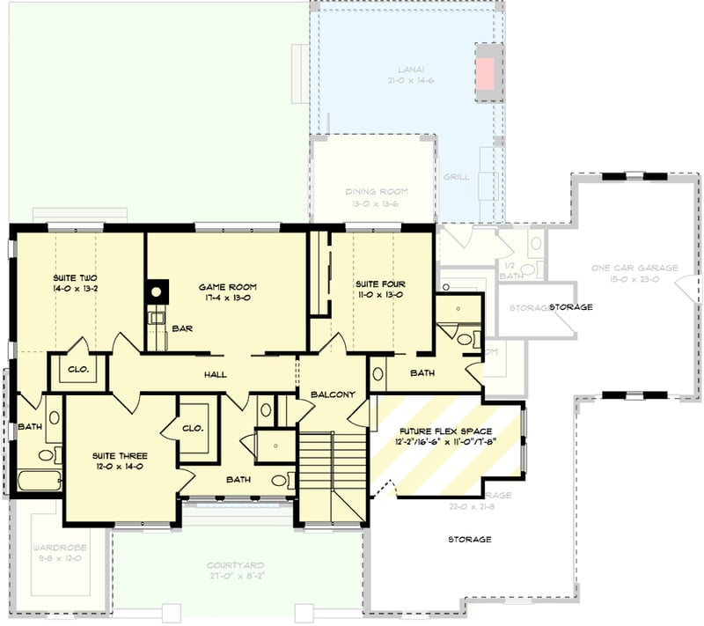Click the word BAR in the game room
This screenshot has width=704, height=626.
tap(183, 328)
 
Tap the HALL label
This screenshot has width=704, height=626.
tap(215, 375)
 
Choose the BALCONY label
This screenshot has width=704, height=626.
tap(334, 394)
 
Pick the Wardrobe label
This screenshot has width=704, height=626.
tap(58, 552)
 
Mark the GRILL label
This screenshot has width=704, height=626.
tap(456, 177)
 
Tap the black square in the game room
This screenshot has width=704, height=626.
tap(158, 291)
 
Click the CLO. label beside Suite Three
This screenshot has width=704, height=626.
tap(194, 428)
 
